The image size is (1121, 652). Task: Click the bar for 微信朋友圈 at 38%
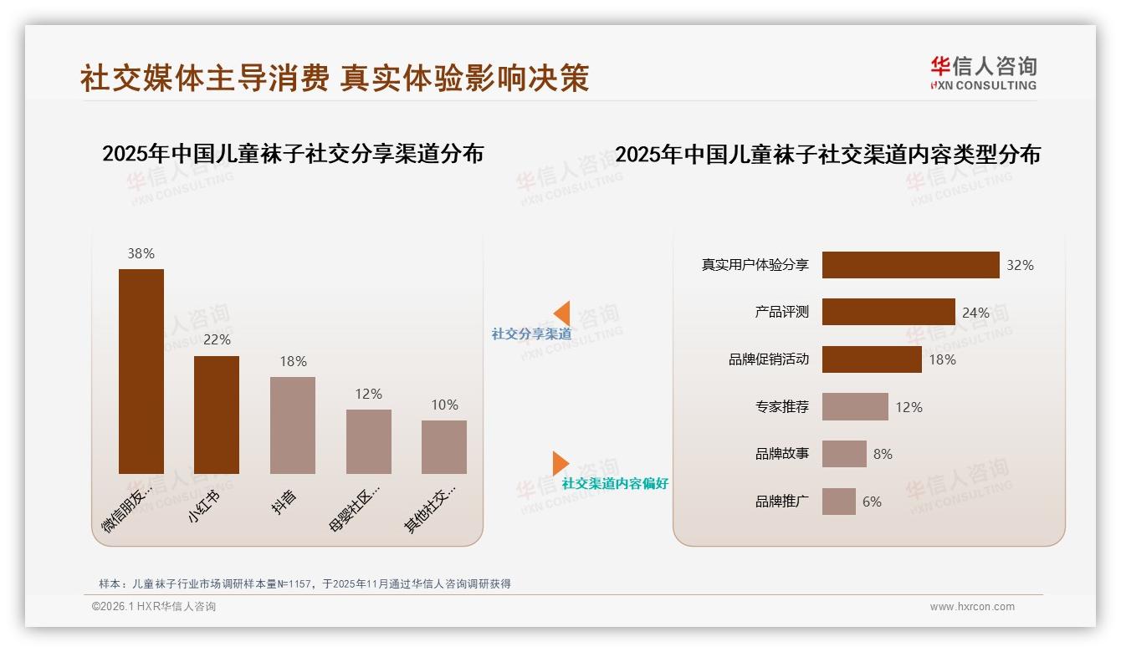point(141,371)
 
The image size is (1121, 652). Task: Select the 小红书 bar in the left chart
point(217,415)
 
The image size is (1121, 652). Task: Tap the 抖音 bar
point(293,425)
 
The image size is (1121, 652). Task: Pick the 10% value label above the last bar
point(444,405)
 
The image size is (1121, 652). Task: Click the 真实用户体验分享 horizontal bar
point(910,265)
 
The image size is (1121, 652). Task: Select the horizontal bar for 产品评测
point(888,312)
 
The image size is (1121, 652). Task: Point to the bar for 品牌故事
point(844,454)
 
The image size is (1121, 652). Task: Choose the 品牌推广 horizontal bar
point(838,502)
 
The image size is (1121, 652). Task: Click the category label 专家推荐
point(782,407)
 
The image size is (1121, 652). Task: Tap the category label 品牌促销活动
point(769,359)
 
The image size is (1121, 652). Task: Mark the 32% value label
point(1020,265)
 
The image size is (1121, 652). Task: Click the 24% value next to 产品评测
point(975,313)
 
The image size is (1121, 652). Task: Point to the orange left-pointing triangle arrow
point(562,313)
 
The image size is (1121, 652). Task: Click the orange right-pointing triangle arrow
point(560,463)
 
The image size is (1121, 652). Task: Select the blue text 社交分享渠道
point(531,334)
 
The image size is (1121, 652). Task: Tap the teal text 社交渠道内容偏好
point(615,483)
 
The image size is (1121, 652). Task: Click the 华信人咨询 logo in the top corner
point(983,73)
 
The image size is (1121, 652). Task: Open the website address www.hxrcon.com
point(972,607)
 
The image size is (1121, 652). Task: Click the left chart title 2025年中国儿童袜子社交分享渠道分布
point(293,154)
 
